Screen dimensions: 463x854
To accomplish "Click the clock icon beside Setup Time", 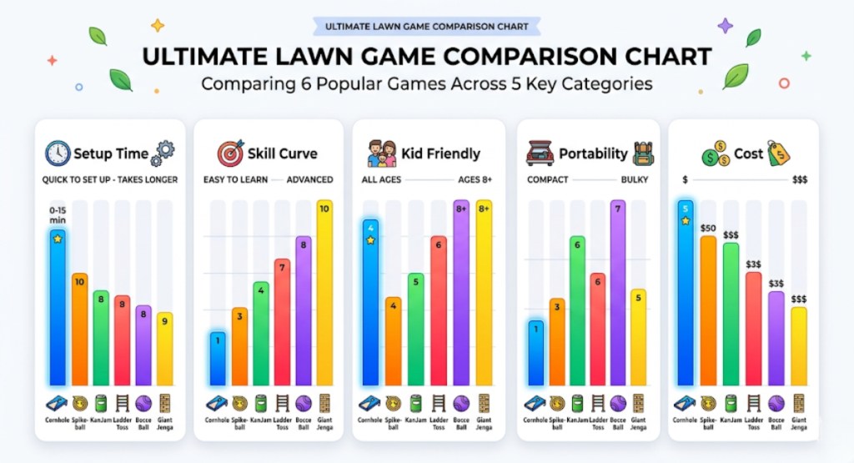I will pyautogui.click(x=58, y=153).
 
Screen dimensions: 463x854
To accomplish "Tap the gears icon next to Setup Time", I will pyautogui.click(x=164, y=152).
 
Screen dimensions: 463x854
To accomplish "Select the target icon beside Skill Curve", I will pyautogui.click(x=230, y=153).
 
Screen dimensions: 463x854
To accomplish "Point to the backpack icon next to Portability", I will pyautogui.click(x=643, y=153).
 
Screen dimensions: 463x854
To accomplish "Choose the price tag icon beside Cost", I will pyautogui.click(x=778, y=153).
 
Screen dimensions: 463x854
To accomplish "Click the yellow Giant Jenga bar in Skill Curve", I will pyautogui.click(x=324, y=292).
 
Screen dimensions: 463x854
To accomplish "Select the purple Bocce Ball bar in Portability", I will pyautogui.click(x=618, y=292).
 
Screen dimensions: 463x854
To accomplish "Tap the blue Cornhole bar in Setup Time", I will pyautogui.click(x=58, y=309).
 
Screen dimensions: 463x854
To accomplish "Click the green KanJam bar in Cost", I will pyautogui.click(x=731, y=313).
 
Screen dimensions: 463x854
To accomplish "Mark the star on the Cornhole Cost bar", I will pyautogui.click(x=686, y=221).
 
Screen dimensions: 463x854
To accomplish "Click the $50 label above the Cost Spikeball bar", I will pyautogui.click(x=708, y=228).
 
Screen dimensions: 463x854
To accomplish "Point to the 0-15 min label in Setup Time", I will pyautogui.click(x=57, y=215).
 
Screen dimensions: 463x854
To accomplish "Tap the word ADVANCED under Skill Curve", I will pyautogui.click(x=309, y=179).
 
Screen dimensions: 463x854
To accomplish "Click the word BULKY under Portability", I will pyautogui.click(x=635, y=179).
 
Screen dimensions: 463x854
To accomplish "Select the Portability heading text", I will pyautogui.click(x=593, y=153).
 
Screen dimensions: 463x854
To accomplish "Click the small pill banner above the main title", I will pyautogui.click(x=426, y=26).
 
